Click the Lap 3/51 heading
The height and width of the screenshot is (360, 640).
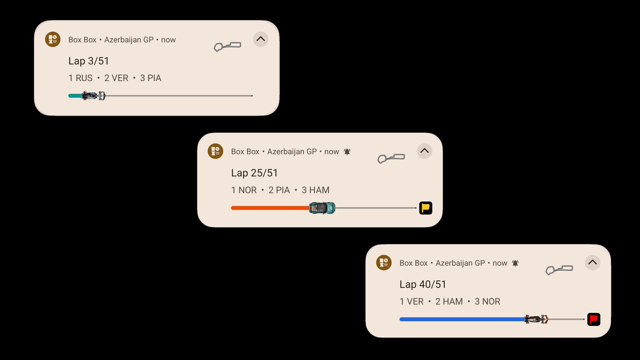(89, 61)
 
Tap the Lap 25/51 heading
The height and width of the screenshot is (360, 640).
(254, 173)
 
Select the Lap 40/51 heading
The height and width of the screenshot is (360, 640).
(423, 284)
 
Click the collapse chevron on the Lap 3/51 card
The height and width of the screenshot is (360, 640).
(261, 39)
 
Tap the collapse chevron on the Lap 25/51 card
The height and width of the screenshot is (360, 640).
(424, 151)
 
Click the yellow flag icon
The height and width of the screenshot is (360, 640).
(426, 208)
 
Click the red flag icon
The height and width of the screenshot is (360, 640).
(594, 319)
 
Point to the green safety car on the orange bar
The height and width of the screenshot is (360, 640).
(322, 208)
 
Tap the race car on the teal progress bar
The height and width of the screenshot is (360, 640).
(94, 96)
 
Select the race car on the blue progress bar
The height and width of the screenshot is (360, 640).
(536, 319)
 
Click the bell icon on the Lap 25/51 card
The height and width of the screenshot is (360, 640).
(347, 152)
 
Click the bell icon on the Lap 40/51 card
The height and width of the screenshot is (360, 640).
(515, 263)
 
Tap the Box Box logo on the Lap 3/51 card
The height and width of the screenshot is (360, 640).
(53, 39)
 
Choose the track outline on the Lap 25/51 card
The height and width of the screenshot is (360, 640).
(391, 158)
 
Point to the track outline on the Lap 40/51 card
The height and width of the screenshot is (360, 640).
(559, 270)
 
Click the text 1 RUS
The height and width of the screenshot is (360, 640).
(80, 78)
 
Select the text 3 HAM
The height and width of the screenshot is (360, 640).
(315, 190)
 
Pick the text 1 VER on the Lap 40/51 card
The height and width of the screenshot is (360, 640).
(411, 302)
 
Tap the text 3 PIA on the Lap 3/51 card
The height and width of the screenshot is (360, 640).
(151, 78)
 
